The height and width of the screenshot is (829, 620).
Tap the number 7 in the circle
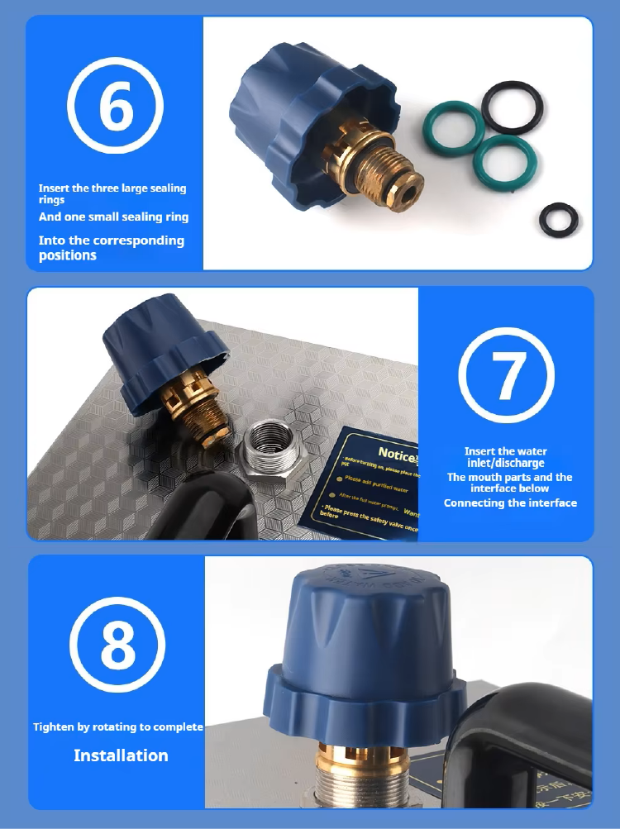coord(507,374)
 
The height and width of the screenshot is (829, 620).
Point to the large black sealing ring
coord(513,107)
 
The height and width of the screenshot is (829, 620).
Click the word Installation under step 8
coord(121,755)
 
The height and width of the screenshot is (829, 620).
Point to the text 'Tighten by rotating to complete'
coord(118,727)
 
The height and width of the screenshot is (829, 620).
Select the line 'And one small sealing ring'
coord(113,217)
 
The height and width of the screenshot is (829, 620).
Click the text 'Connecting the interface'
coord(510,503)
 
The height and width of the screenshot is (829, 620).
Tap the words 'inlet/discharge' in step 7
coord(506,463)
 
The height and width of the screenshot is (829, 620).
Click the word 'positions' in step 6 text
coord(68,255)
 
